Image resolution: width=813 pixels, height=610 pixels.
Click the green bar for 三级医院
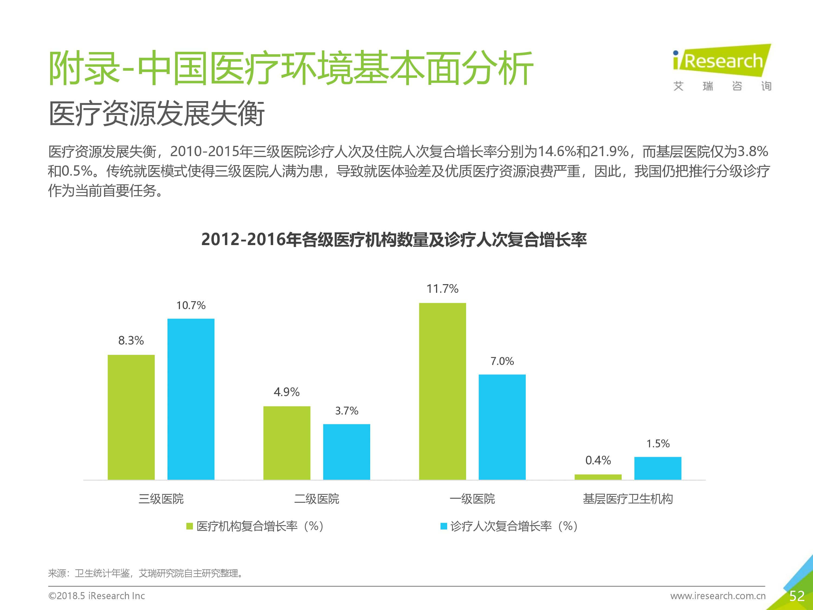click(131, 417)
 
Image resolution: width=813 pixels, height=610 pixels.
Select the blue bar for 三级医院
click(191, 399)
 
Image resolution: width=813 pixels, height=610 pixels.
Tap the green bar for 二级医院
click(287, 443)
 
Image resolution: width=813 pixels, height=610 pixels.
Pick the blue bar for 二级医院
click(347, 452)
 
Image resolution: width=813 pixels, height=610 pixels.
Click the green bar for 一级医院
click(443, 391)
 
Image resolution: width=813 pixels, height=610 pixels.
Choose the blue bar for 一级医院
click(502, 427)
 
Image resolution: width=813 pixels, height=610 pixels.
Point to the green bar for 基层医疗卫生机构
click(598, 477)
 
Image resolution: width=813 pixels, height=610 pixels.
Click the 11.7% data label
click(443, 289)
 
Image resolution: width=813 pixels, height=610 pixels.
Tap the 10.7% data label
click(191, 306)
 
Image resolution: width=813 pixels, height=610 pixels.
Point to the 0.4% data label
click(598, 460)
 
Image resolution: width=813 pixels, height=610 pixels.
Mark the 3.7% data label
click(347, 411)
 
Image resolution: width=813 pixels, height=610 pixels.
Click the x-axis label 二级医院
click(317, 499)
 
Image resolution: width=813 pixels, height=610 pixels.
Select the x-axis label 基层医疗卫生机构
click(628, 499)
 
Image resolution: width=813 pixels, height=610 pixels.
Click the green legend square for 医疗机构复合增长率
click(190, 526)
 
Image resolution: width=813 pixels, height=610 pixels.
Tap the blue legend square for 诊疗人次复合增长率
click(444, 526)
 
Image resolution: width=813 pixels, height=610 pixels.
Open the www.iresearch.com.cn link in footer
click(718, 596)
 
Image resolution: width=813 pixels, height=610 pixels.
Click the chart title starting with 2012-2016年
click(394, 240)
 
